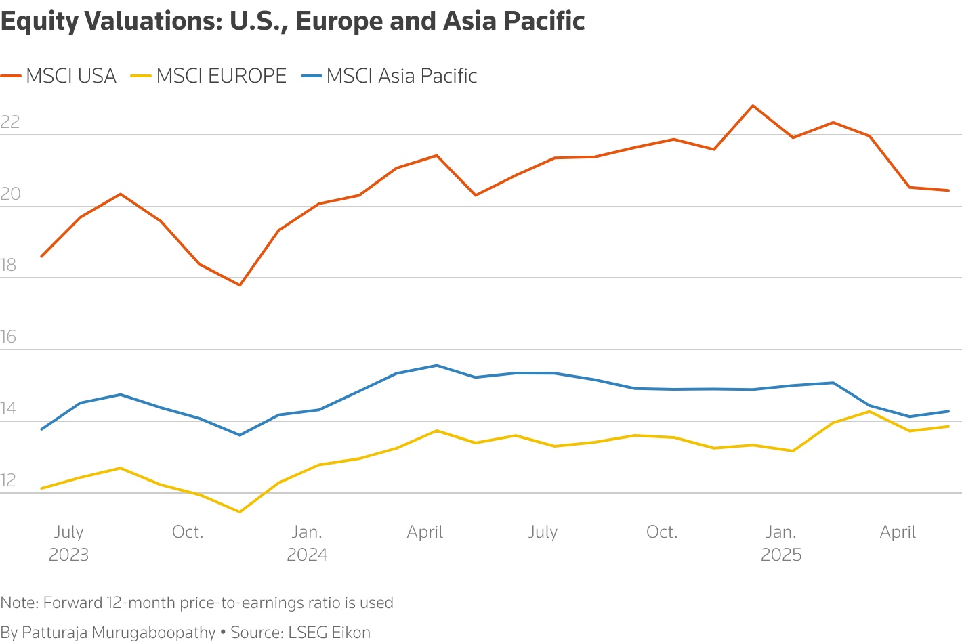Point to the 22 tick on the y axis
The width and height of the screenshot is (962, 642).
click(x=10, y=122)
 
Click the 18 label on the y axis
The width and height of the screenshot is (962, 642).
click(x=9, y=265)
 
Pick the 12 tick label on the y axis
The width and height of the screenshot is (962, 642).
click(x=8, y=480)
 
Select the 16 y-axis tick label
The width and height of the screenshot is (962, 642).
click(x=9, y=337)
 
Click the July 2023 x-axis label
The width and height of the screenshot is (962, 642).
click(x=68, y=543)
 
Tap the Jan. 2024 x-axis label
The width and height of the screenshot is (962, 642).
click(x=307, y=543)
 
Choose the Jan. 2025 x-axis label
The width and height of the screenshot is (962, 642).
click(x=781, y=543)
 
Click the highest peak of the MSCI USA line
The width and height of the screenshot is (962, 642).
click(x=753, y=106)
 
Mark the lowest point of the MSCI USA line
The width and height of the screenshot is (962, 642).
click(x=240, y=285)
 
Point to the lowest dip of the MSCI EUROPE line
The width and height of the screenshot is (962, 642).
click(x=240, y=512)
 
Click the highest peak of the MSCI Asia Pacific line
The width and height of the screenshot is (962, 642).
click(x=437, y=366)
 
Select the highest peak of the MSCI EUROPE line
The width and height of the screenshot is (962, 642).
click(x=869, y=411)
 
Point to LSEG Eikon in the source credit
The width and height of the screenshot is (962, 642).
click(x=329, y=633)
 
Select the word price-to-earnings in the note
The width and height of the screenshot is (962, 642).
click(x=261, y=603)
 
